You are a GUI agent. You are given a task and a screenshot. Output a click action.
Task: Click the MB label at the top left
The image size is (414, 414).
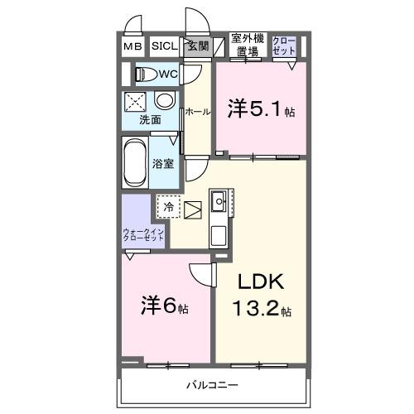[132, 46]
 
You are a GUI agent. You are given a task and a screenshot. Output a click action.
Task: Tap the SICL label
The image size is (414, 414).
[162, 46]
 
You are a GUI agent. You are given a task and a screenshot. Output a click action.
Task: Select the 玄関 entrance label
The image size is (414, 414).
[197, 46]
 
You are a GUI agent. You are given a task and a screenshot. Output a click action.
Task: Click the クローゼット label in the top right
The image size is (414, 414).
[283, 45]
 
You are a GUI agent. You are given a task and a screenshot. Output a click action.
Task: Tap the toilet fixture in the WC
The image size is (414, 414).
[148, 74]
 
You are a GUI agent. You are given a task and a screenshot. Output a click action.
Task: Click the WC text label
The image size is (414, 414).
[169, 75]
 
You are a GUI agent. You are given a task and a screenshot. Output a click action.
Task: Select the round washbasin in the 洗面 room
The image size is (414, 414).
[165, 101]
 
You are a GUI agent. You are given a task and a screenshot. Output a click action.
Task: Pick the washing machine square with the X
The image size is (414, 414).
[135, 102]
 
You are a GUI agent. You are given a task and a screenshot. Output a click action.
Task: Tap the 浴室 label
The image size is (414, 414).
[163, 163]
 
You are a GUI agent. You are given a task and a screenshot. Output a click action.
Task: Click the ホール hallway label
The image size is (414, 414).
[197, 111]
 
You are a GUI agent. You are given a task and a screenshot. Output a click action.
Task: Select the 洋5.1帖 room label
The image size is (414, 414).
[262, 108]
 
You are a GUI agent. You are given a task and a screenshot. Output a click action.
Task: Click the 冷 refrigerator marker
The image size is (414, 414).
[169, 207]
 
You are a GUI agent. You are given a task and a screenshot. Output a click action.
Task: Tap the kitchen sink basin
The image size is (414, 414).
[219, 200]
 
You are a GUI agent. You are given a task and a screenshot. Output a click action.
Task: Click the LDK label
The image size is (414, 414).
[261, 282]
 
